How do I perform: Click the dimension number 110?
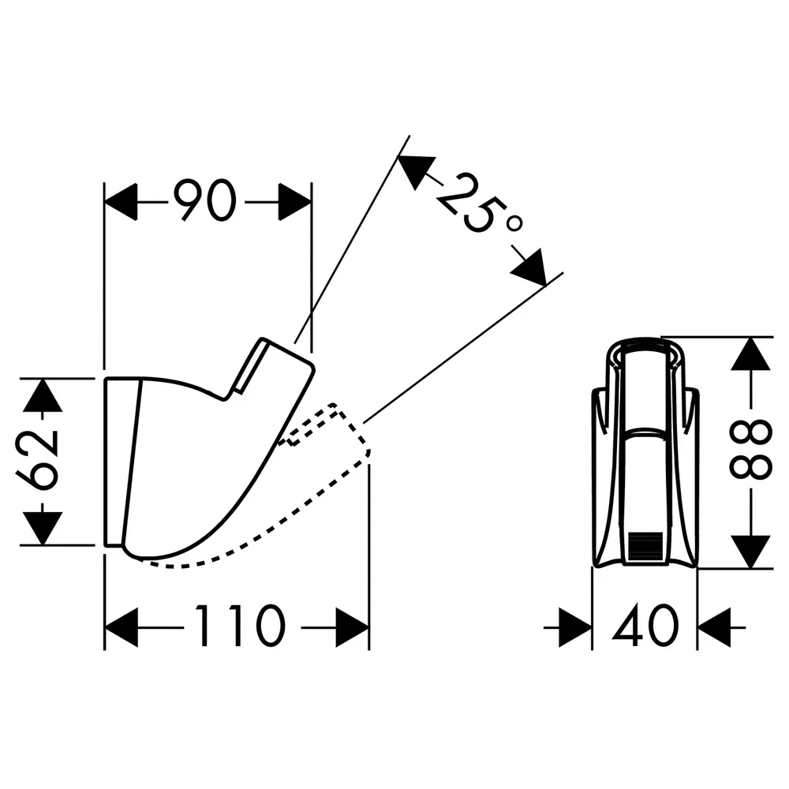tap(241, 626)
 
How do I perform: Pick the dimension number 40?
tap(645, 626)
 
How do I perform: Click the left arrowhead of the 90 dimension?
tap(121, 202)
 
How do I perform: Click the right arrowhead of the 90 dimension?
tap(295, 202)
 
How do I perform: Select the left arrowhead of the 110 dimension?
tap(122, 627)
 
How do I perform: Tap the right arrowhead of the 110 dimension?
tap(352, 627)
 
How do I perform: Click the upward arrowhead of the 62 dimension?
tap(43, 395)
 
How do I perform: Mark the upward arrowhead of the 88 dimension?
tap(751, 354)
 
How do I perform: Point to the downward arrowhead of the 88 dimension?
tap(751, 552)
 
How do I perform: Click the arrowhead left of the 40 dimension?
tap(576, 627)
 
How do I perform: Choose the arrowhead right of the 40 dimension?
tap(714, 627)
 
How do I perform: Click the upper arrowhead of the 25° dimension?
tap(415, 170)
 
